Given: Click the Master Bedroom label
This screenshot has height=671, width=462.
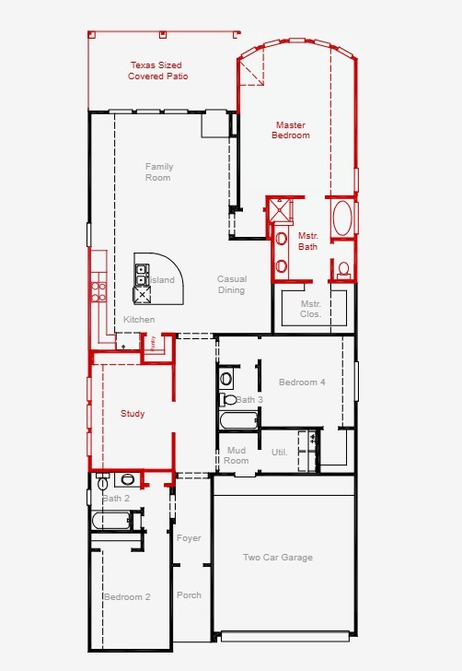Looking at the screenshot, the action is pos(291,130).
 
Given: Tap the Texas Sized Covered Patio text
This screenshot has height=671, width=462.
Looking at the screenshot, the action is pos(157,71).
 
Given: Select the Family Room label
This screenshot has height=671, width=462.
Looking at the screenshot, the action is pos(158,172).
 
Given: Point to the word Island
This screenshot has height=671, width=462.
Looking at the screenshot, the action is pos(162,280).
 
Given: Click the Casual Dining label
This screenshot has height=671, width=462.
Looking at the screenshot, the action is pos(232,284).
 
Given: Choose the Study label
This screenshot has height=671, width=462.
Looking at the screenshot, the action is pos(133,413).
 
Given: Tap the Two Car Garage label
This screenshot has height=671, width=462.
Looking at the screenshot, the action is pos(278,557).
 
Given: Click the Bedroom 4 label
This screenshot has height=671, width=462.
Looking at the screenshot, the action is pos(302,383).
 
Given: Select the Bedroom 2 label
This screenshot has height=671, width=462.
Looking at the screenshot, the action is pos(127,597).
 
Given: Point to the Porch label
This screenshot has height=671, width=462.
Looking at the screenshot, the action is pos(189,595).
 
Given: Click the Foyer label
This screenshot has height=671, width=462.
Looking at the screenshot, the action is pos(189,538).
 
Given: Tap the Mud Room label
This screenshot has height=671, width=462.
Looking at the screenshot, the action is pos(237,455).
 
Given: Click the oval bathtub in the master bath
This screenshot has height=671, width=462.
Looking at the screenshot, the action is pos(342,218).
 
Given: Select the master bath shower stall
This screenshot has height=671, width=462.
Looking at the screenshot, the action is pos(281,210).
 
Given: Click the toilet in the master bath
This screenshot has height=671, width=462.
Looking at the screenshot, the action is pos(343,270).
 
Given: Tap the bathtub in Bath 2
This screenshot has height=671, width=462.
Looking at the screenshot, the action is pos(111,521).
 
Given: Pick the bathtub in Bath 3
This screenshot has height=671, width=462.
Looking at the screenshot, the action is pos(239,420).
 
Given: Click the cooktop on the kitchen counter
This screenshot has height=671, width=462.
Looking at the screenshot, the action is pos(98,292).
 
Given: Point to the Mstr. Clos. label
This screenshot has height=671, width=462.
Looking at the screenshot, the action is pos(311,309).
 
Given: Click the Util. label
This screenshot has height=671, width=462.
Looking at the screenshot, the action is pos(280,452).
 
